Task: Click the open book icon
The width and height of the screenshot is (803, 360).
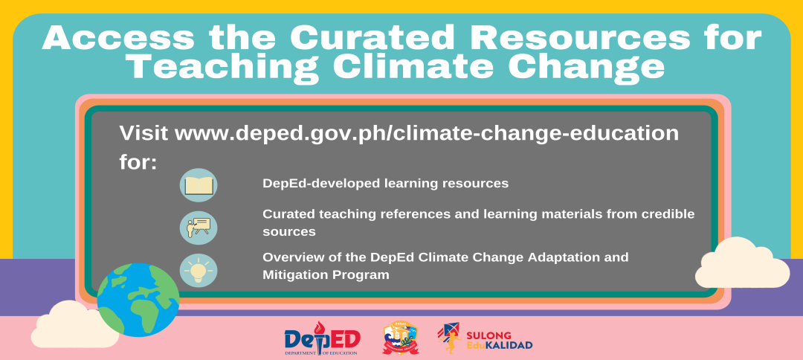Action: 199,185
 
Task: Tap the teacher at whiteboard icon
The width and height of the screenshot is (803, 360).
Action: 199,228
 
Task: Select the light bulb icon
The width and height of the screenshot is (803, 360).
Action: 199,271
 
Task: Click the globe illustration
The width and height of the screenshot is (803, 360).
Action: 138,300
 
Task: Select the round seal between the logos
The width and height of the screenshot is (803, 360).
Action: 401,338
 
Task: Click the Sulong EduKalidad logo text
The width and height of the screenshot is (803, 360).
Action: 500,340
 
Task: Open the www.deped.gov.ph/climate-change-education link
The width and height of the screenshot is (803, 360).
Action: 427,134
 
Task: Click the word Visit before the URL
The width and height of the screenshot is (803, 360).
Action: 144,133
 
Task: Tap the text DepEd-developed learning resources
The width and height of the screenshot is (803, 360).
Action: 386,183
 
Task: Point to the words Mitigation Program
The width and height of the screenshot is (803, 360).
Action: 326,275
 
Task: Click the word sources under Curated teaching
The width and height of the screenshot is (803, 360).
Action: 288,232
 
